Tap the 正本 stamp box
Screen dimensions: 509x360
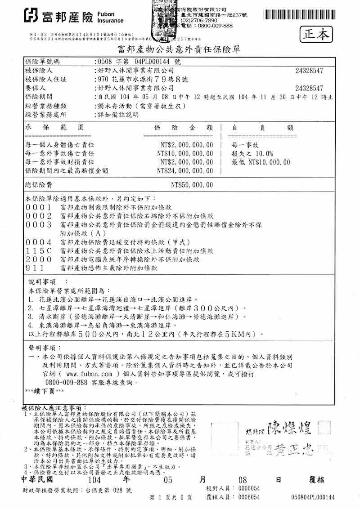click(316, 34)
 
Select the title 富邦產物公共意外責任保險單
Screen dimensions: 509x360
click(179, 49)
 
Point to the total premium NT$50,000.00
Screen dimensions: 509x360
click(192, 185)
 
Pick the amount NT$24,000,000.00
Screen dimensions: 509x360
click(185, 171)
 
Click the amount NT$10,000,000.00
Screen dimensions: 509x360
click(185, 153)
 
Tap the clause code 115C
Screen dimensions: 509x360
click(39, 251)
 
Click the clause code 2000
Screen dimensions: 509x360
click(39, 259)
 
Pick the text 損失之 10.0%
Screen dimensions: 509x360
click(252, 154)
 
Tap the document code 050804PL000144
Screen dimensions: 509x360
click(313, 497)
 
